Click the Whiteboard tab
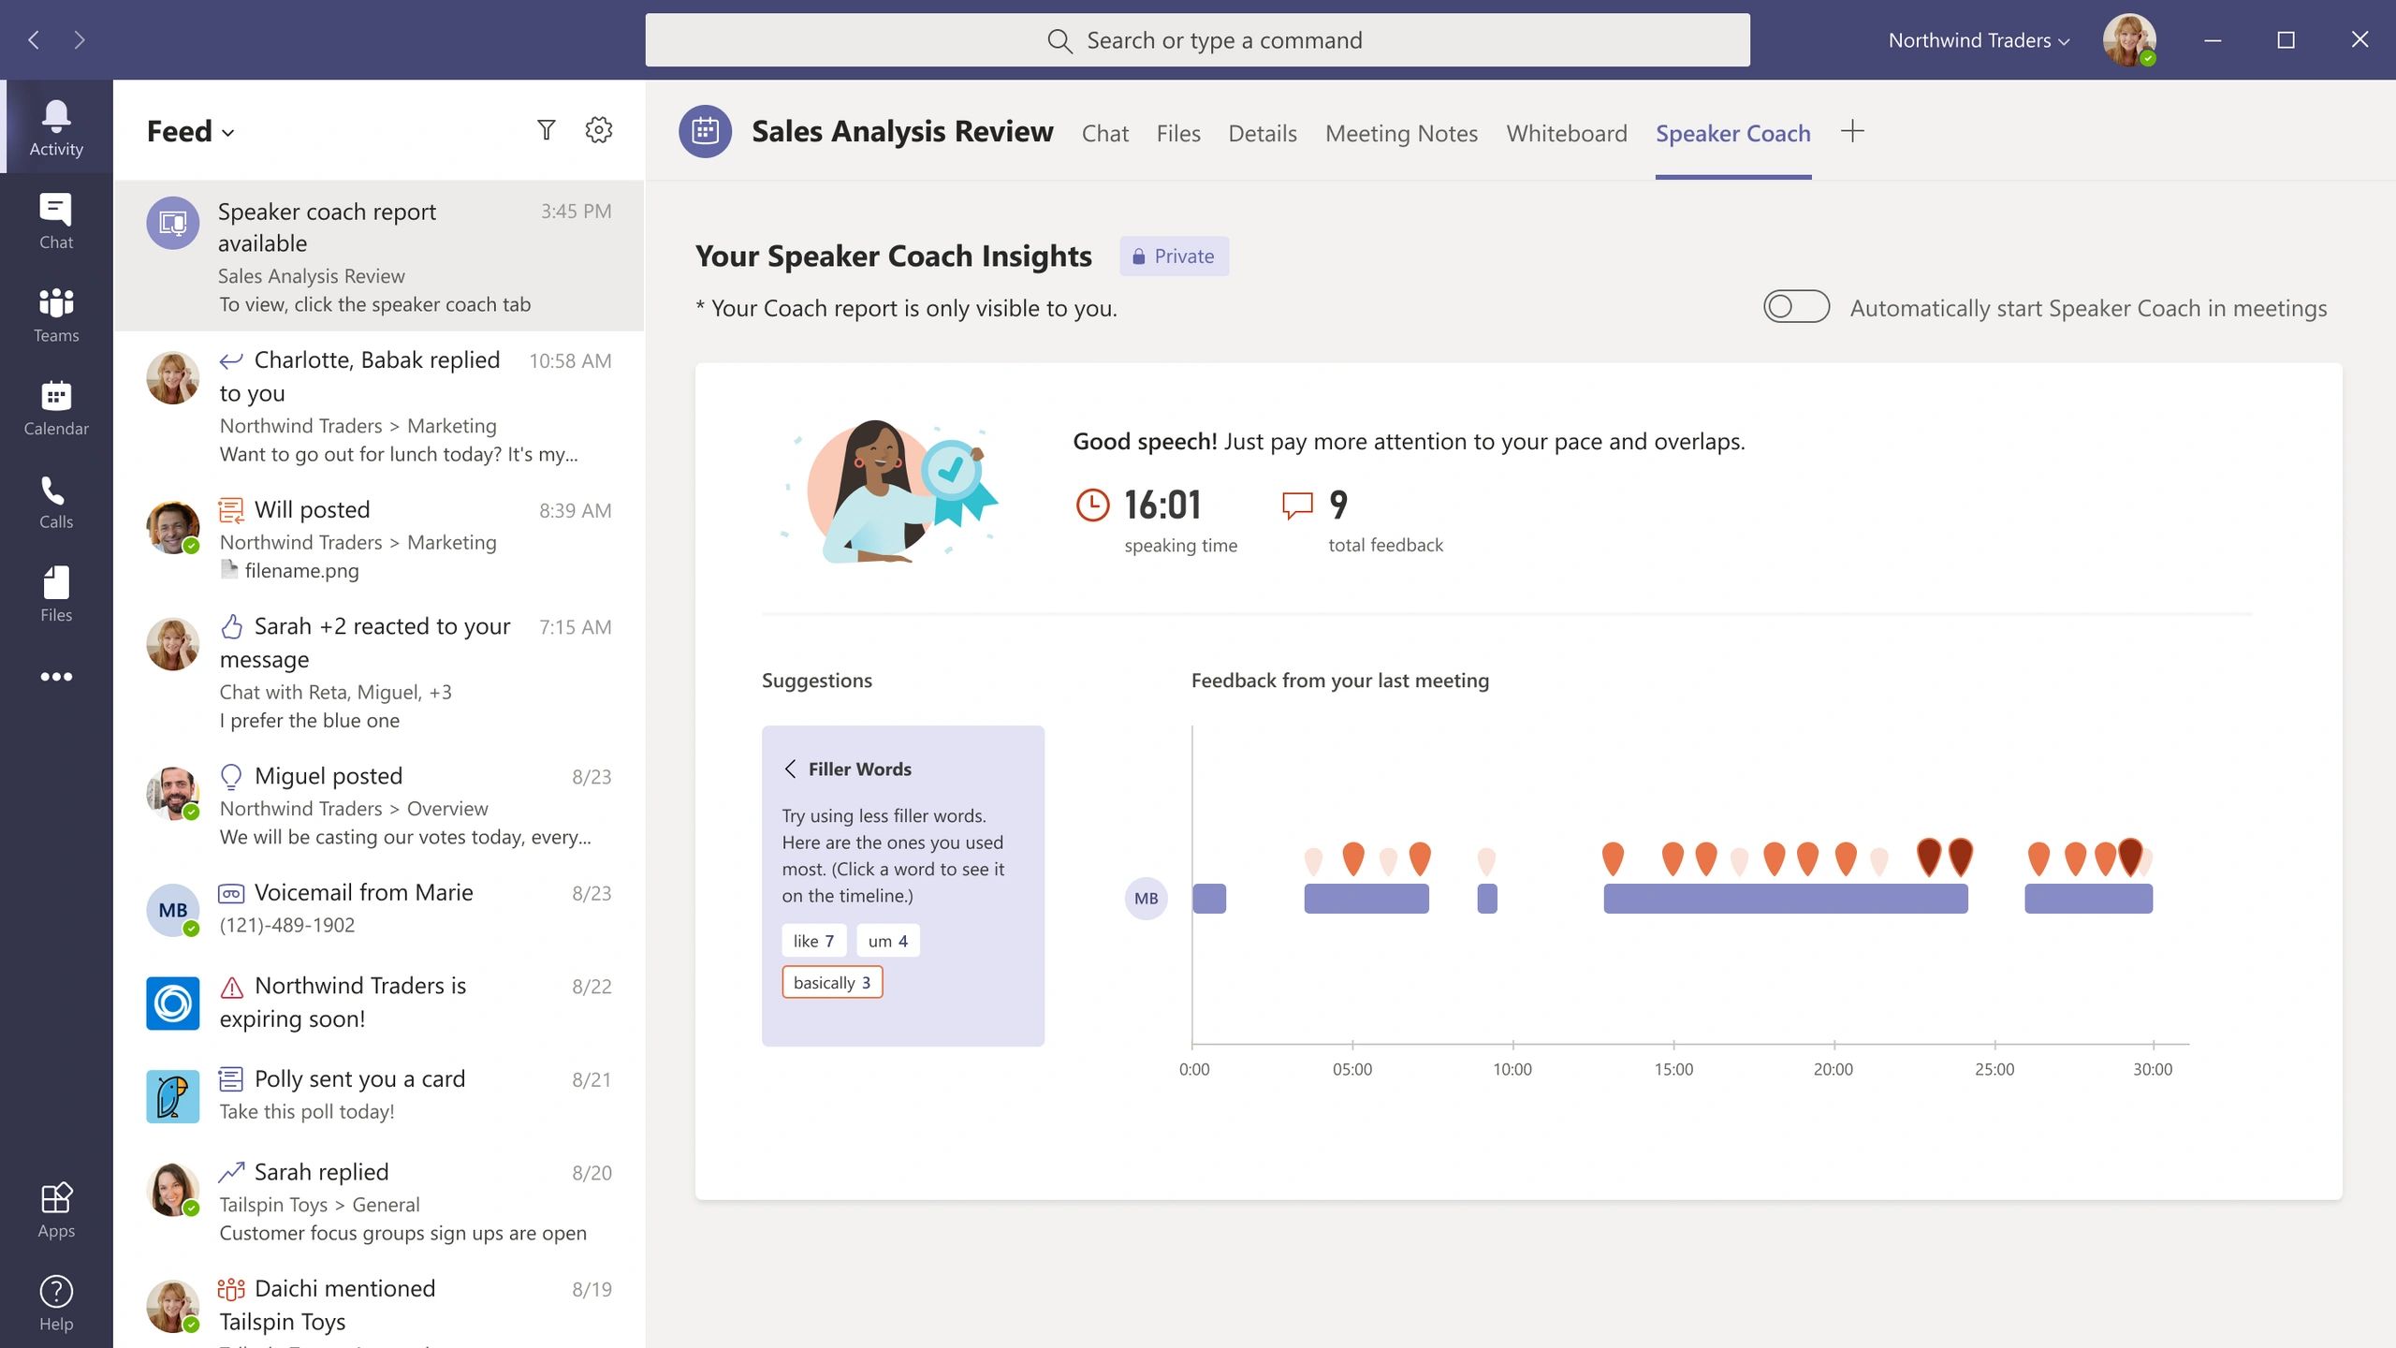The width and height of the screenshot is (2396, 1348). pos(1566,133)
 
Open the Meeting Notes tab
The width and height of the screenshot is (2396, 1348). pos(1401,133)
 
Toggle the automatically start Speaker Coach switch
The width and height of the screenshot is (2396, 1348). pos(1796,307)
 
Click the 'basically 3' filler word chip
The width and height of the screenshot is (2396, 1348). pos(832,982)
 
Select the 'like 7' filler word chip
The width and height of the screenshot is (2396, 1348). pos(813,941)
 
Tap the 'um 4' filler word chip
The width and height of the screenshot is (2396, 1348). pos(887,941)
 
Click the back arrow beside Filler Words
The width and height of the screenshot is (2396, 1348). pos(791,769)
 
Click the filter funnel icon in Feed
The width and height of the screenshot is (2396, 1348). pos(547,130)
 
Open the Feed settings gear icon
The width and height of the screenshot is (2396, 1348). pos(599,130)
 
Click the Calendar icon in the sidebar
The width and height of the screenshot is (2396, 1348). pos(56,408)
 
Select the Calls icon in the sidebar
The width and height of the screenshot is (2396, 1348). pos(56,502)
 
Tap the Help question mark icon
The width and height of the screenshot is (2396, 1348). pos(56,1302)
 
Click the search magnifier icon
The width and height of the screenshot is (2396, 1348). pos(1059,40)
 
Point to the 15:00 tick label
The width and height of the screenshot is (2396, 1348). pos(1673,1069)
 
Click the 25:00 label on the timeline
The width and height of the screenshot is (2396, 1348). pos(1994,1069)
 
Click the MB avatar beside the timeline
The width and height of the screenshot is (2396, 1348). pos(1146,899)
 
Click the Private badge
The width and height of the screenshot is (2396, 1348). pos(1174,256)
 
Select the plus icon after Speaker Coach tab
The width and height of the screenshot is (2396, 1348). pos(1852,131)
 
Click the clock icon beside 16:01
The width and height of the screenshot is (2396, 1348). pos(1092,505)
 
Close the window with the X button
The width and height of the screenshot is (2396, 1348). pos(2359,39)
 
